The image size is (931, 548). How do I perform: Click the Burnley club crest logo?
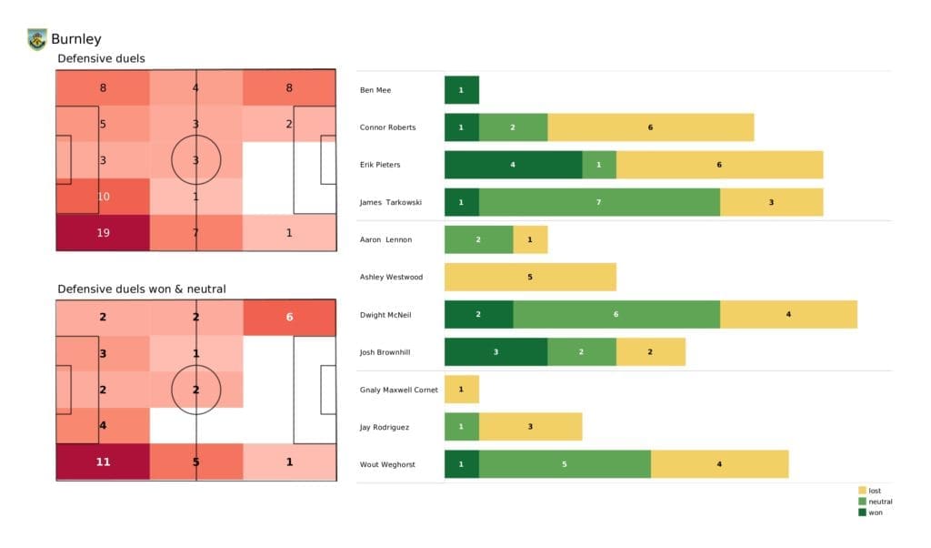point(37,39)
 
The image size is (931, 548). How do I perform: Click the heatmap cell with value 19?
point(103,232)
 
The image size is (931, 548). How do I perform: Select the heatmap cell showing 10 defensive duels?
point(103,197)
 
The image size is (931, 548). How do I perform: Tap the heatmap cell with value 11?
point(103,462)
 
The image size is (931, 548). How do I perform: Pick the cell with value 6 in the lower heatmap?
point(289,317)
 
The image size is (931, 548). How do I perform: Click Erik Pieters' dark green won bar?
point(513,165)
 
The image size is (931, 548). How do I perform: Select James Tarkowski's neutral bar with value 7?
point(599,202)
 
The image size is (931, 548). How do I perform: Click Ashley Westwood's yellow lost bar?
point(530,277)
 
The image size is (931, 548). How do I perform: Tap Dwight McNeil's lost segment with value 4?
point(788,314)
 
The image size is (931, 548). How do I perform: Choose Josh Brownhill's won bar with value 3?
point(496,351)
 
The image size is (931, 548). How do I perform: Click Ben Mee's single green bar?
point(461,90)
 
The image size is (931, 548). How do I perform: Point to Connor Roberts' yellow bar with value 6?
point(650,127)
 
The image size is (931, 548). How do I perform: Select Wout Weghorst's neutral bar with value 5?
point(565,463)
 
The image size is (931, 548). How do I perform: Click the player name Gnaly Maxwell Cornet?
point(398,390)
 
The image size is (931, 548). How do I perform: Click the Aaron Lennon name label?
point(385,239)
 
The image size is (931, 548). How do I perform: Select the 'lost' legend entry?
point(875,491)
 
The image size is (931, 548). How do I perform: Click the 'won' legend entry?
point(875,512)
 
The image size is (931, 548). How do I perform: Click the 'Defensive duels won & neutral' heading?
point(141,289)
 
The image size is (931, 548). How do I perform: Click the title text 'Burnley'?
point(76,39)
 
